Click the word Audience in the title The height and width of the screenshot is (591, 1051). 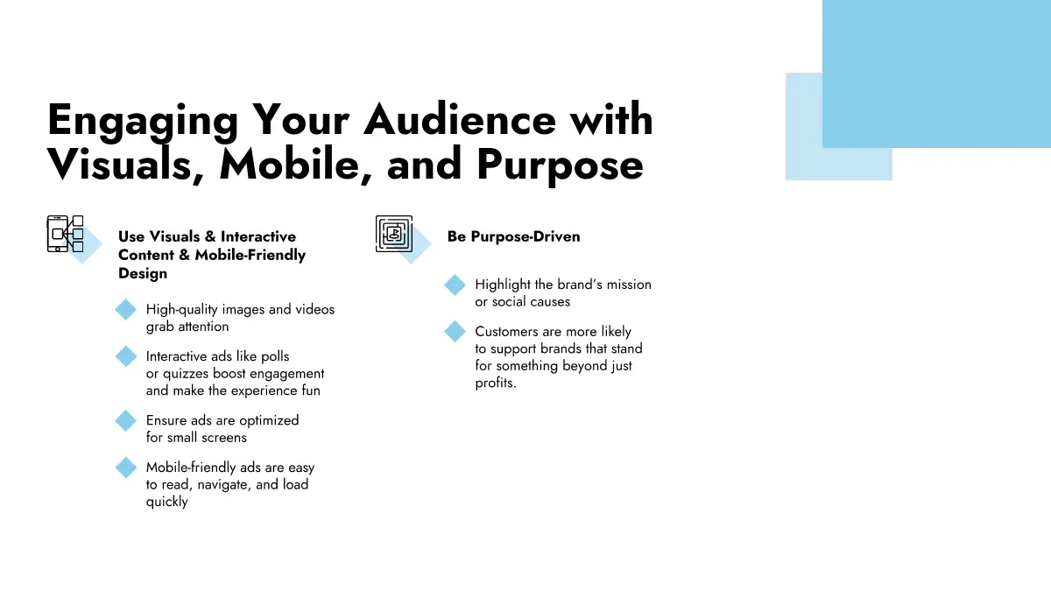460,120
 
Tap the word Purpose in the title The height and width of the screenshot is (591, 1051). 560,165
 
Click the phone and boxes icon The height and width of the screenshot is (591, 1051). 65,234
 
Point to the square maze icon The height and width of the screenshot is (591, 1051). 394,234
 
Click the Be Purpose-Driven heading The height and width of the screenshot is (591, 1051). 514,236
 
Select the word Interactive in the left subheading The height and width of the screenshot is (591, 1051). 258,236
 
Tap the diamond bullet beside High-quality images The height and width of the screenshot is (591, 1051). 126,310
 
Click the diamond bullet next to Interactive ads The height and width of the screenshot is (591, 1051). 126,356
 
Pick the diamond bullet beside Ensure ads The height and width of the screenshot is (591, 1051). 126,420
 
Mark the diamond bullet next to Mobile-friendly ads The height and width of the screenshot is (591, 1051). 126,468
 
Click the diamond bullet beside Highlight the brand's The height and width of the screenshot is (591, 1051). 455,285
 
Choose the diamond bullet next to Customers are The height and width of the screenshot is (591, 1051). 455,332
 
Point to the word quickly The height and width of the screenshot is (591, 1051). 167,502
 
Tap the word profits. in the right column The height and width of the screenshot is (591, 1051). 496,383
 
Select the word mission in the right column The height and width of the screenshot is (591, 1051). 629,285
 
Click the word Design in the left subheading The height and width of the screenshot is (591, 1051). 143,273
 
